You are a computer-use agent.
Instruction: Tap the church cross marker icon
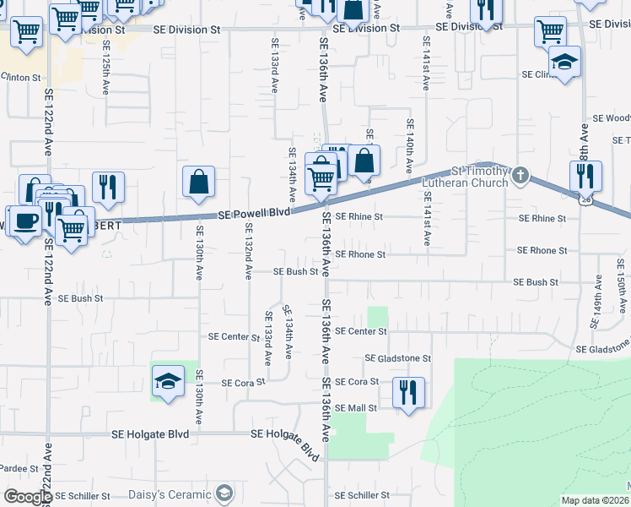point(520,176)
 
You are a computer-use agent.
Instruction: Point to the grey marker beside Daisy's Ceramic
point(223,493)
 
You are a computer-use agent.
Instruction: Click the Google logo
point(27,497)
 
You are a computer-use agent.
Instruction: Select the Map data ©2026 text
point(594,500)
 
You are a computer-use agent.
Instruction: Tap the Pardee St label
point(19,467)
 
